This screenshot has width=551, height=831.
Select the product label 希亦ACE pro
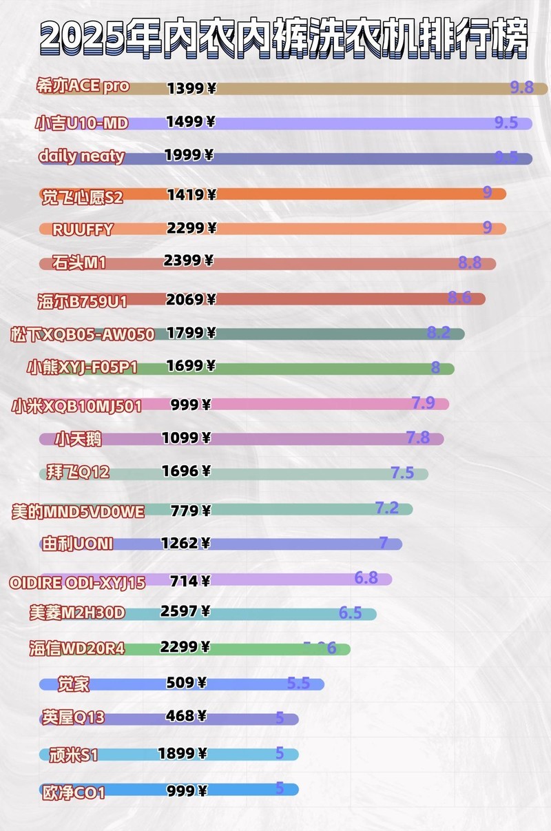click(x=83, y=86)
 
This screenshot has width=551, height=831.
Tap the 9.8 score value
click(x=521, y=87)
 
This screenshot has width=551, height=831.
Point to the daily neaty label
click(x=81, y=156)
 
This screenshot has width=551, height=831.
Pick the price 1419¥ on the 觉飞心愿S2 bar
click(x=191, y=195)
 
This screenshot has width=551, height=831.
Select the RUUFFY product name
click(x=83, y=229)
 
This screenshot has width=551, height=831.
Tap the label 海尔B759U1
click(x=82, y=300)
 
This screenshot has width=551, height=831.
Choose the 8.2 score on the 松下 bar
click(x=438, y=333)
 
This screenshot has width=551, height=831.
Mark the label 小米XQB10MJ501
click(x=76, y=406)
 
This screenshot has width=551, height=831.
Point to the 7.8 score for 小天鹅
click(x=417, y=437)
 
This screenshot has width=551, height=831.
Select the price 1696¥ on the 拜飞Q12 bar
click(x=186, y=471)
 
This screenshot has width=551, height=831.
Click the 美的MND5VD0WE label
click(x=79, y=511)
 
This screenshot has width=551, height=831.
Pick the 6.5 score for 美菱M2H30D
click(x=350, y=613)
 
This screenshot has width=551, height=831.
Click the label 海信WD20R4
click(x=76, y=648)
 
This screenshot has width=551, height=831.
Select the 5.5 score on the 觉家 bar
click(x=298, y=684)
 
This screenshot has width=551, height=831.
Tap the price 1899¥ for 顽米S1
click(x=183, y=754)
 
